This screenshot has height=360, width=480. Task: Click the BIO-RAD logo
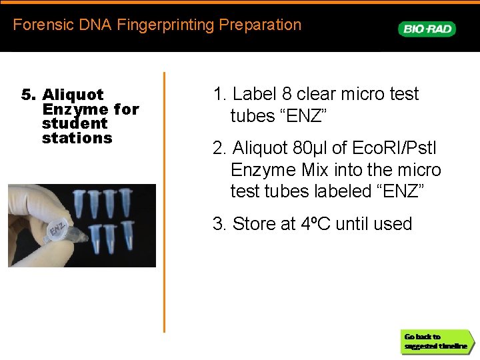point(427,29)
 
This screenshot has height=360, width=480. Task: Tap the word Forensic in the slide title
point(39,25)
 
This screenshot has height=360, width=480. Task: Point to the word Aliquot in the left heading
point(73,95)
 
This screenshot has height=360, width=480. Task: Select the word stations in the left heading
point(77,139)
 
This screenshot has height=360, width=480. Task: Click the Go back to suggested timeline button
point(436,341)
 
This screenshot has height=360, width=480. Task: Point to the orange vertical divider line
point(164,200)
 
